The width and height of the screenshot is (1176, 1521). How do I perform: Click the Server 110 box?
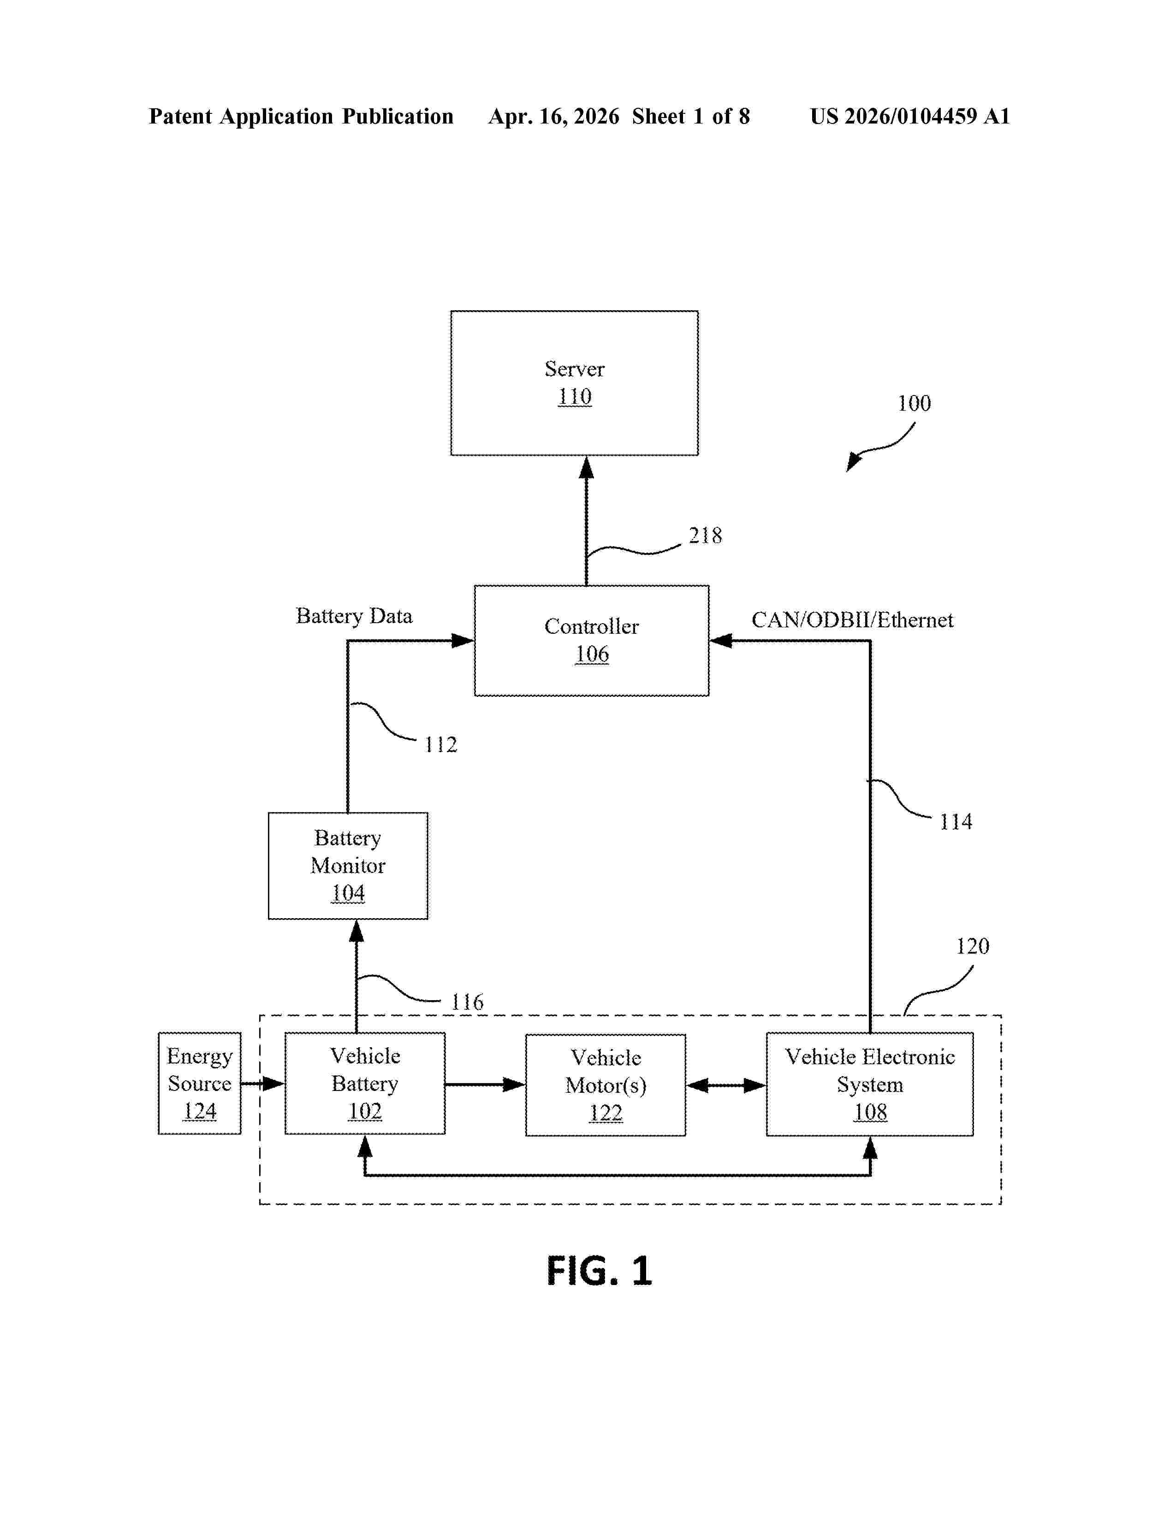pyautogui.click(x=574, y=383)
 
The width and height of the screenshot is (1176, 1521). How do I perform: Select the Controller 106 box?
pyautogui.click(x=592, y=640)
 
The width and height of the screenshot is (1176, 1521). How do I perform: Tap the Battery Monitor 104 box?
pyautogui.click(x=348, y=865)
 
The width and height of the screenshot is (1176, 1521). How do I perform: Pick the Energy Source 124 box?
pyautogui.click(x=199, y=1083)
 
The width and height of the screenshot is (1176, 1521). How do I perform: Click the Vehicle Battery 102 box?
pyautogui.click(x=364, y=1083)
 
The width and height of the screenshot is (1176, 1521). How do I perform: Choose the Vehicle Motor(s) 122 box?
pyautogui.click(x=606, y=1085)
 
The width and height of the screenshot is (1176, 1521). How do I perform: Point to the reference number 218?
pyautogui.click(x=705, y=536)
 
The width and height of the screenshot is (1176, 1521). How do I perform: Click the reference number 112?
pyautogui.click(x=440, y=744)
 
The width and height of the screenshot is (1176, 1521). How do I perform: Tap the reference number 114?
pyautogui.click(x=955, y=822)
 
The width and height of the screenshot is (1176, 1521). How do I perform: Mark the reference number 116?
pyautogui.click(x=467, y=1002)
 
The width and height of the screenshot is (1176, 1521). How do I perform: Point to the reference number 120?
pyautogui.click(x=972, y=946)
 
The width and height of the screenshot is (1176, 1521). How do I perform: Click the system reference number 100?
pyautogui.click(x=913, y=403)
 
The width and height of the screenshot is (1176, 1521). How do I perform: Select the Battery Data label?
pyautogui.click(x=354, y=616)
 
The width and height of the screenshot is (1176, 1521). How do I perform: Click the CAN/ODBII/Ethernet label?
pyautogui.click(x=851, y=620)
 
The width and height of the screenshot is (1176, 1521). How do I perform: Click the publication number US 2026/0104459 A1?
pyautogui.click(x=909, y=116)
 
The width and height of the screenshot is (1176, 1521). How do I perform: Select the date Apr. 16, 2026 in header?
pyautogui.click(x=554, y=116)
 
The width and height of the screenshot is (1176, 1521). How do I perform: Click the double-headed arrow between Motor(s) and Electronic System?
pyautogui.click(x=726, y=1085)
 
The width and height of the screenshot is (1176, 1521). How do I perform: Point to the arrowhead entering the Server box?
pyautogui.click(x=587, y=468)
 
